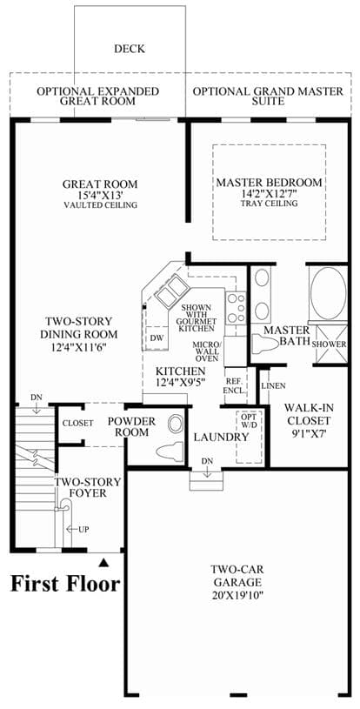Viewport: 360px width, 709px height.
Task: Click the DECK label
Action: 130,49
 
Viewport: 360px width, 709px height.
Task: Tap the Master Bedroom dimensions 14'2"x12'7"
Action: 270,194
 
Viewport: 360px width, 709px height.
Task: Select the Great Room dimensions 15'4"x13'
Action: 100,196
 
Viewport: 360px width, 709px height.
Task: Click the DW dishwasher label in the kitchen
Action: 157,338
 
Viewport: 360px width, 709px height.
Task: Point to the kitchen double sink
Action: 171,291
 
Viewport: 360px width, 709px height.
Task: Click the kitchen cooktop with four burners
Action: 237,307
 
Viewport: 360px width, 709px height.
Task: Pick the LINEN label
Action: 273,386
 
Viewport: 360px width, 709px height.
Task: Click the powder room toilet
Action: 170,451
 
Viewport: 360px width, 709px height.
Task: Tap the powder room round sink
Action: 175,424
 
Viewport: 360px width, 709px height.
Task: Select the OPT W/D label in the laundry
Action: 249,420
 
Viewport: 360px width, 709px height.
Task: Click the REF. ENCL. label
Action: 235,385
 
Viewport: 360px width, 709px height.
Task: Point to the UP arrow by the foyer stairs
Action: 76,529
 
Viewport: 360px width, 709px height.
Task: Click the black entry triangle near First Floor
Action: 104,562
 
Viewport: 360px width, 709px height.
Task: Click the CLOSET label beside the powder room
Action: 77,424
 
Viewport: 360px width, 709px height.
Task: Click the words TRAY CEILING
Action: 270,204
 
